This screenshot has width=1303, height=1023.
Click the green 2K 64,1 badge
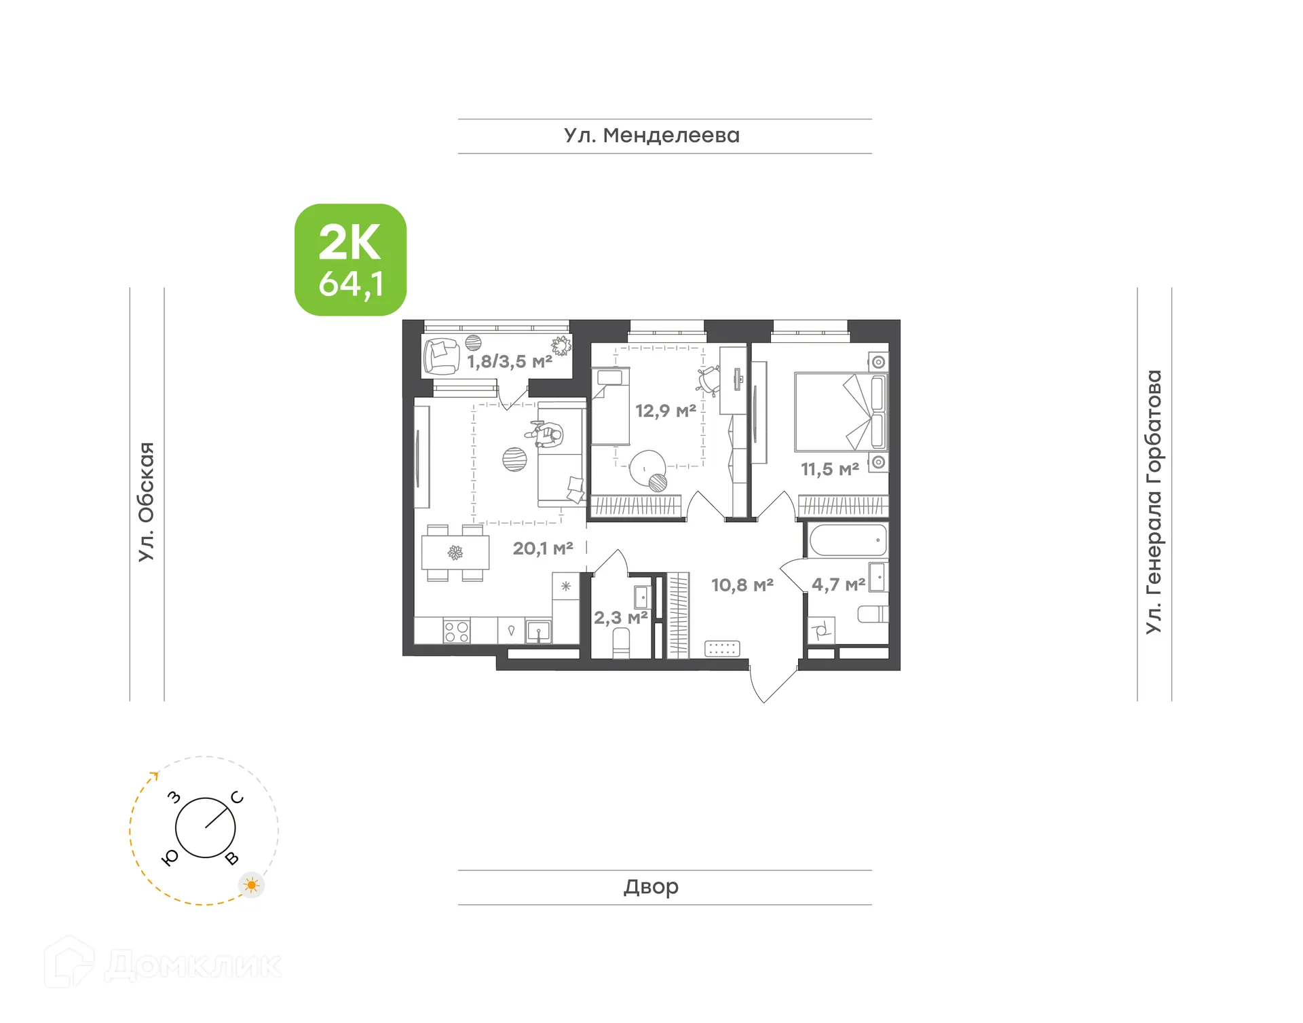point(350,260)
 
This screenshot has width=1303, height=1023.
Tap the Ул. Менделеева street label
point(651,136)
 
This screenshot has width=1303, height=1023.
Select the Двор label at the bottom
point(651,887)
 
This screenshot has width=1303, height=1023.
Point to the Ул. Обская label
point(147,502)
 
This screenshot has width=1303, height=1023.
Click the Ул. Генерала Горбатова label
point(1154,502)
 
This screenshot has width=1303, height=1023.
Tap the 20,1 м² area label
point(542,548)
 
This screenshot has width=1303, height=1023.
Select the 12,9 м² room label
point(665,410)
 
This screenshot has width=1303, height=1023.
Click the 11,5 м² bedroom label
point(829,468)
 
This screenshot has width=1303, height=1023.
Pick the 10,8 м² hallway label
point(742,584)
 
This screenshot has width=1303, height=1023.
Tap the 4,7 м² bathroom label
point(837,584)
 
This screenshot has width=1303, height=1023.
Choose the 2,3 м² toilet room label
point(620,618)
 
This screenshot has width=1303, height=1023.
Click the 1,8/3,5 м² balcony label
point(509,361)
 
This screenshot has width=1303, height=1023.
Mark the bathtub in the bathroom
point(848,540)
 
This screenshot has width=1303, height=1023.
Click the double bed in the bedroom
point(840,411)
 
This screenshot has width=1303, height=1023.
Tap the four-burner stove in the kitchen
point(456,631)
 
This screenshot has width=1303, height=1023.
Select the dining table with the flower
point(455,553)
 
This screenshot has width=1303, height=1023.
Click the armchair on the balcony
point(441,356)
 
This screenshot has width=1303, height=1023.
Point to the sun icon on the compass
point(252,885)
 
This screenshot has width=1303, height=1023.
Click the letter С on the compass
point(237,798)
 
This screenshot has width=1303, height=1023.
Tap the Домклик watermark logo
point(163,964)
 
